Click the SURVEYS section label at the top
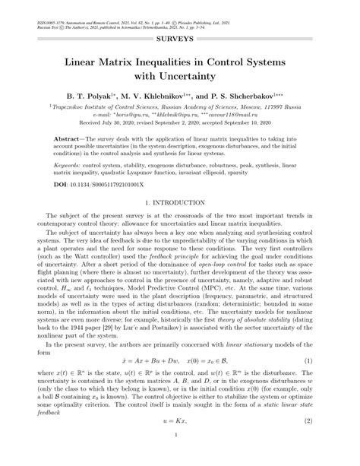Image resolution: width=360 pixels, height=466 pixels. click(179, 37)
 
